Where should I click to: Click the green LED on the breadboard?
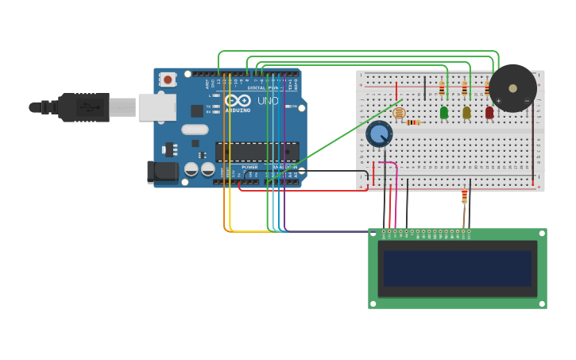(444, 113)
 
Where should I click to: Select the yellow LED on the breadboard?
(466, 113)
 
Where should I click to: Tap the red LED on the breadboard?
(489, 113)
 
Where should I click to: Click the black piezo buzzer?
(512, 87)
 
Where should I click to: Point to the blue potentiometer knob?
(379, 134)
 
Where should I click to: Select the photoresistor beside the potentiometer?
(399, 114)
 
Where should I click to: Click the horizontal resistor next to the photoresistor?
(413, 122)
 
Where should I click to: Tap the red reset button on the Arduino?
(168, 79)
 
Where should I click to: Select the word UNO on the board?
(268, 101)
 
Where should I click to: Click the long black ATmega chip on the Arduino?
(257, 151)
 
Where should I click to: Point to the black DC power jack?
(162, 172)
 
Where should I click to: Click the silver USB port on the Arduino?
(157, 106)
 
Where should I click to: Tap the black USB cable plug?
(83, 107)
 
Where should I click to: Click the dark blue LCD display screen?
(457, 269)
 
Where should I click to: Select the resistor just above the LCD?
(465, 195)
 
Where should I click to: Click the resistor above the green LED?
(442, 89)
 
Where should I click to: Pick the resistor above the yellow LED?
(465, 89)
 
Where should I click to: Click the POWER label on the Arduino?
(249, 167)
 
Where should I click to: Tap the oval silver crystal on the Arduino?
(195, 130)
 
